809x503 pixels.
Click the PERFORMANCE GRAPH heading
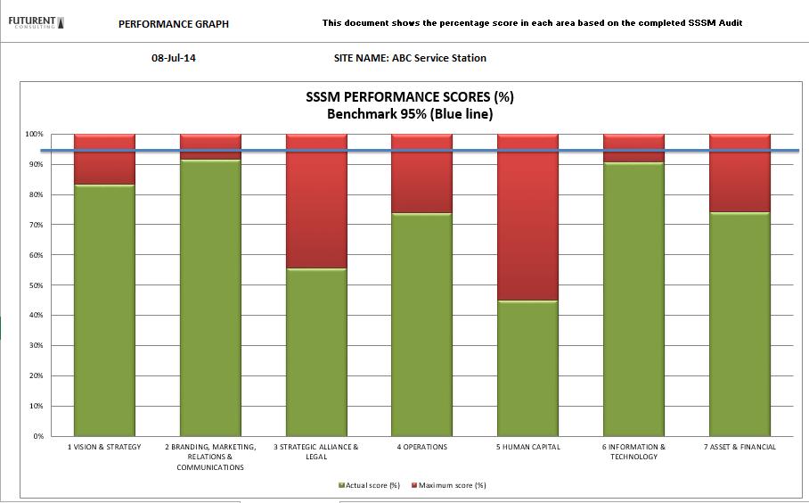tap(174, 24)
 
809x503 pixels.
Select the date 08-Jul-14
tap(174, 58)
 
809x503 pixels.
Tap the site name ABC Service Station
tap(410, 58)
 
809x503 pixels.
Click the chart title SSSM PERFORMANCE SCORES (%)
tap(410, 97)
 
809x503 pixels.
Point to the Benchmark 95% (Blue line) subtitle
tap(410, 114)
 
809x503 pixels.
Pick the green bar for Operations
tap(421, 325)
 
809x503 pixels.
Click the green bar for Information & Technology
tap(633, 300)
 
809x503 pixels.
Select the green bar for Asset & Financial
tap(740, 325)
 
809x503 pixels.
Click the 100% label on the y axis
tap(33, 134)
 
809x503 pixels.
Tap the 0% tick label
tap(37, 436)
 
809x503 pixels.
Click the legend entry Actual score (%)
tap(369, 485)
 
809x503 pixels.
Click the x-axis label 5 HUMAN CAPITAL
tap(527, 447)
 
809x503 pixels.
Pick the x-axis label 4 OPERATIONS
tap(421, 447)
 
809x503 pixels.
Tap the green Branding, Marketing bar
tap(210, 298)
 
